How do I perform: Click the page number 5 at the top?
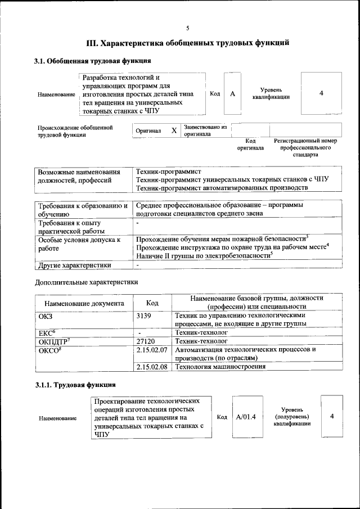pyautogui.click(x=187, y=28)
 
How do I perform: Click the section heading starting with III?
pyautogui.click(x=187, y=42)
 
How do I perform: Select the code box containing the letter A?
pyautogui.click(x=232, y=93)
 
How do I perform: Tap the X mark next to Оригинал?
pyautogui.click(x=174, y=130)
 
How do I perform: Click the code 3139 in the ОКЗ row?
pyautogui.click(x=144, y=316)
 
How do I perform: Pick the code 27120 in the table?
pyautogui.click(x=147, y=341)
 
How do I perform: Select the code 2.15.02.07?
pyautogui.click(x=152, y=349)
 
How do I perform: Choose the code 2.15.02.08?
pyautogui.click(x=152, y=367)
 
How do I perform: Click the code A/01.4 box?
pyautogui.click(x=246, y=417)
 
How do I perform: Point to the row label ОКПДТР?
pyautogui.click(x=53, y=341)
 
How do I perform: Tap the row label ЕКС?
pyautogui.click(x=47, y=333)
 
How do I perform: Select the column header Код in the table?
pyautogui.click(x=152, y=303)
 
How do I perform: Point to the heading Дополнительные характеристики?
pyautogui.click(x=86, y=281)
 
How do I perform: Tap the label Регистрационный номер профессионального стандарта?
pyautogui.click(x=305, y=147)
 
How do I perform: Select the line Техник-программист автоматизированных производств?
pyautogui.click(x=222, y=187)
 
